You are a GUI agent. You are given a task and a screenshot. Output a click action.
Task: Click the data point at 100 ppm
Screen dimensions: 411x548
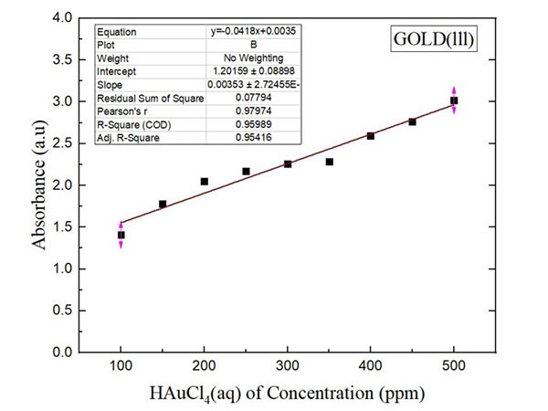coord(121,235)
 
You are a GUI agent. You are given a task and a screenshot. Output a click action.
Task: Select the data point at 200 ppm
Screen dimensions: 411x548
coord(204,181)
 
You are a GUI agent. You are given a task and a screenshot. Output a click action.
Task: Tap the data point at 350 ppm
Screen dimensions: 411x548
coord(329,162)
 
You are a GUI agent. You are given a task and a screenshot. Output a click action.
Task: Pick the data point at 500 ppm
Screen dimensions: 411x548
coord(454,100)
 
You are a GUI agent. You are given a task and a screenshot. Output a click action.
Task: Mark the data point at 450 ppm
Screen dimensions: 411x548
coord(412,121)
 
